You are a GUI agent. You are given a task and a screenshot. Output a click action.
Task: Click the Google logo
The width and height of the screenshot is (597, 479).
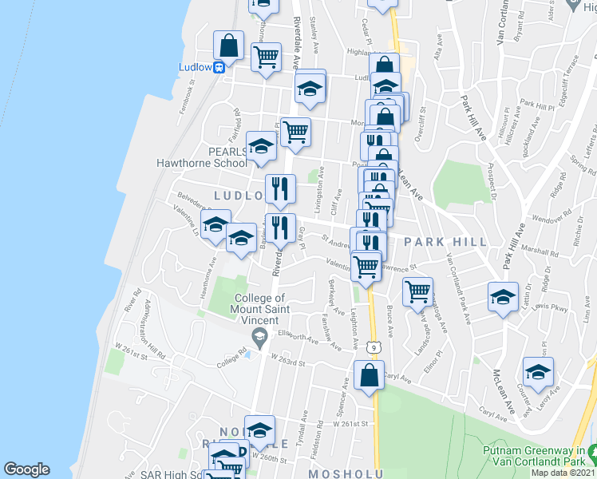pyautogui.click(x=26, y=469)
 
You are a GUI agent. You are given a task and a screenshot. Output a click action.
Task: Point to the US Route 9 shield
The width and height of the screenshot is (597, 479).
pyautogui.click(x=373, y=346)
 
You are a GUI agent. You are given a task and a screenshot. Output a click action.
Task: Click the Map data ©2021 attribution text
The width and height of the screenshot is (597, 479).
pyautogui.click(x=563, y=473)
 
